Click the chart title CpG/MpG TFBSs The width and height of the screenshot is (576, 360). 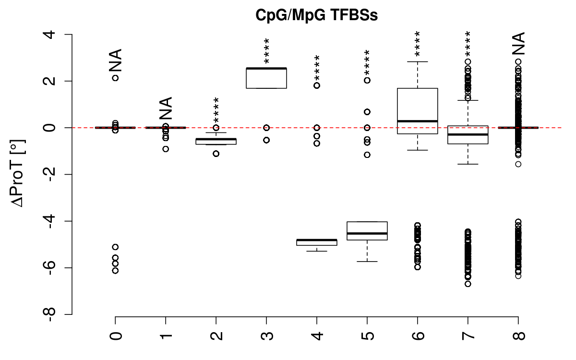317,15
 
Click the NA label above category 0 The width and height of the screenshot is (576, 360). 115,60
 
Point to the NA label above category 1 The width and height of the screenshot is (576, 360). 166,108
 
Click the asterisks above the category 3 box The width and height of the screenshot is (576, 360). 266,51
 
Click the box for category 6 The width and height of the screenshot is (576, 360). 418,110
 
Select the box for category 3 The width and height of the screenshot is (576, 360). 266,78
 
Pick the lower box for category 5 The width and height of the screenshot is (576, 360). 367,230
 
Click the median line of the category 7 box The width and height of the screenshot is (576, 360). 468,134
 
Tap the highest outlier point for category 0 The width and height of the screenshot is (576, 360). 116,78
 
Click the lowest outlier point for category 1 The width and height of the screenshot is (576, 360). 166,149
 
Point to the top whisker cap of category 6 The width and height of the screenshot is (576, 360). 418,61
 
